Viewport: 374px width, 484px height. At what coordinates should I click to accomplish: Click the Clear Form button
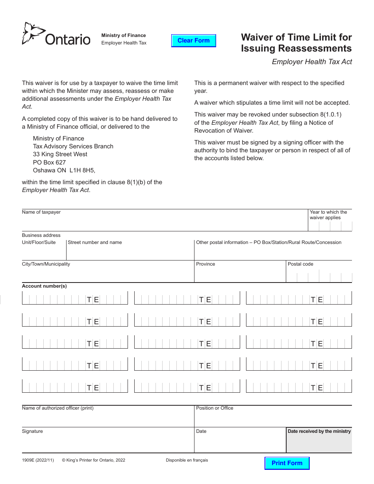[x=194, y=41]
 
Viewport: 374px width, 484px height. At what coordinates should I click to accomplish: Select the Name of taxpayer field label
[x=41, y=212]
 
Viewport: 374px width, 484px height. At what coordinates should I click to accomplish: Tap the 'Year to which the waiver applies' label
[x=328, y=215]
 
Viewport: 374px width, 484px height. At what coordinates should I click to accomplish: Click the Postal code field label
[x=300, y=264]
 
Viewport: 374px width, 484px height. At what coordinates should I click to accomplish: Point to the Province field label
[x=206, y=264]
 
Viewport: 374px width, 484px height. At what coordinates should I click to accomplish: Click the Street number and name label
[x=94, y=242]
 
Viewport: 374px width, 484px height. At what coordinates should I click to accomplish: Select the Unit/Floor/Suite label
[x=39, y=242]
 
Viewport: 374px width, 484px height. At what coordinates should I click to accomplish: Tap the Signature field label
[x=32, y=431]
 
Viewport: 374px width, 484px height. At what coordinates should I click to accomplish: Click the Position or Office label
[x=215, y=408]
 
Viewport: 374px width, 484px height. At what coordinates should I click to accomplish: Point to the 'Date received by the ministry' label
[x=319, y=431]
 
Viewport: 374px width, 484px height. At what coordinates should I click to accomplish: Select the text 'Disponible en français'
[x=187, y=460]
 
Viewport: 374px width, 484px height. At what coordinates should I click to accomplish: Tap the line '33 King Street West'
[x=60, y=154]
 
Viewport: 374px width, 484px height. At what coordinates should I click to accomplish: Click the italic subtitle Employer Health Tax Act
[x=312, y=61]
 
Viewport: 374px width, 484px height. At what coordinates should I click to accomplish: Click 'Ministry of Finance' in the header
[x=123, y=35]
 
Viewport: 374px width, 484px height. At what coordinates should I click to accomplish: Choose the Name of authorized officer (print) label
[x=57, y=408]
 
